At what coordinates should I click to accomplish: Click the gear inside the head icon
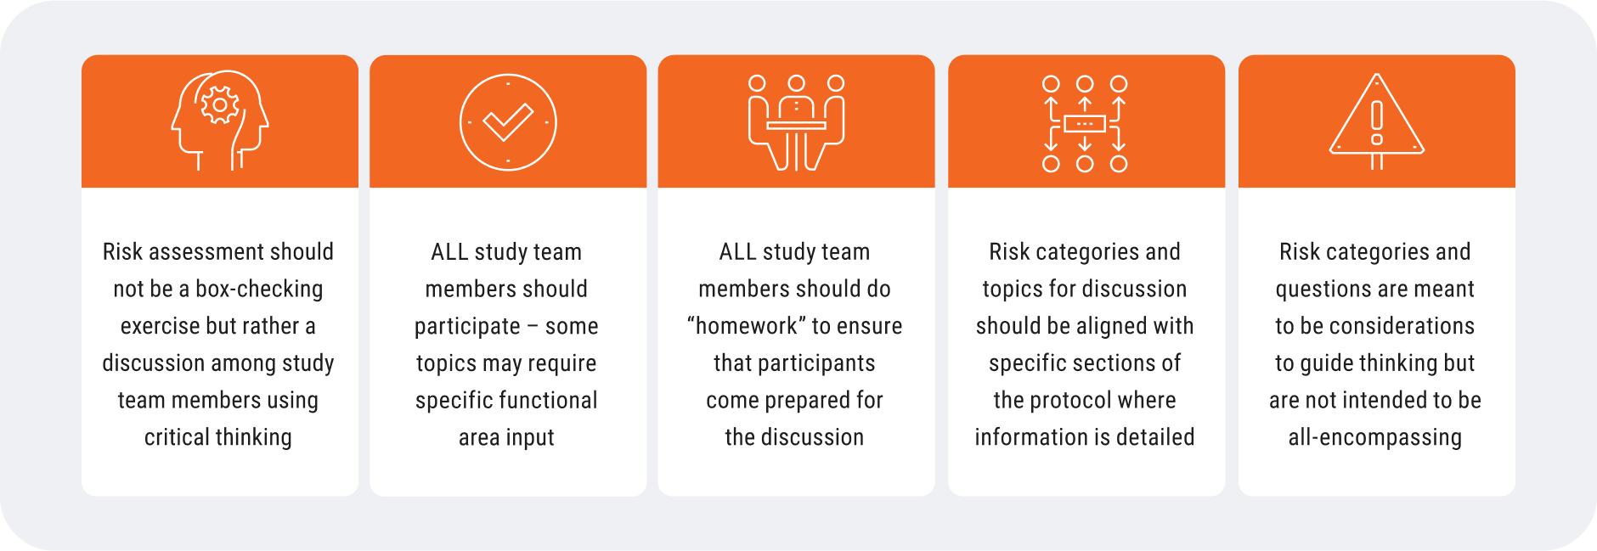pos(220,105)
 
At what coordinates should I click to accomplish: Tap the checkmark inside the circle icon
pos(508,122)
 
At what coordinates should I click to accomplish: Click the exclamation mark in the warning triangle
pos(1377,123)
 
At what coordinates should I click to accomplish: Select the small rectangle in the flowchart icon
pos(1085,124)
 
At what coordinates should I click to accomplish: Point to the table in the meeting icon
pos(796,126)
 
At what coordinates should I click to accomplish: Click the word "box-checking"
pos(259,290)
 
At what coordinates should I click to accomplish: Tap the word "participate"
pos(467,327)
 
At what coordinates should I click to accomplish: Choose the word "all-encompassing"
pos(1375,438)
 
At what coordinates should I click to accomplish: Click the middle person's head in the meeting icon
pos(796,83)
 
